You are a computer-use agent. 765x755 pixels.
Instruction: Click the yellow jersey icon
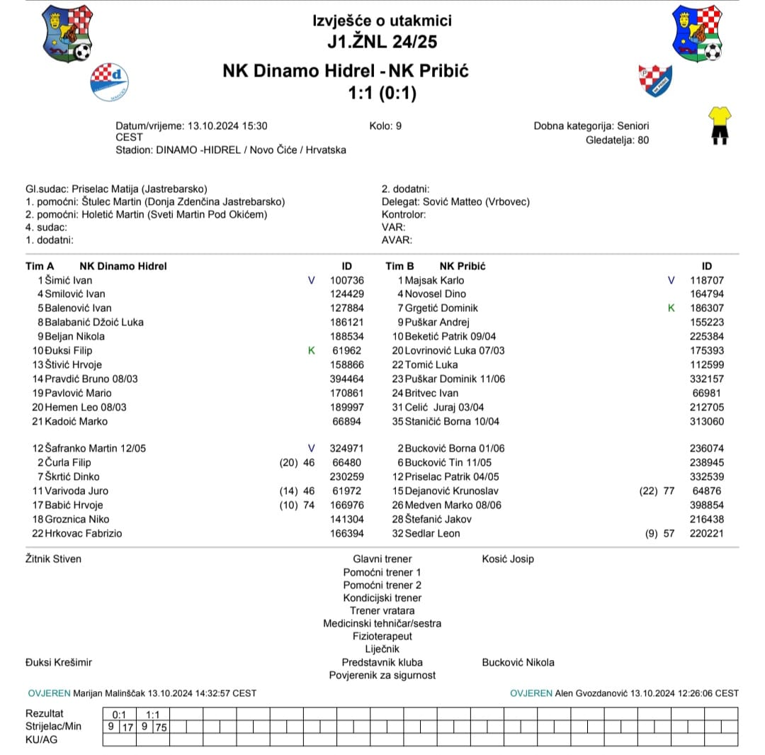pyautogui.click(x=720, y=125)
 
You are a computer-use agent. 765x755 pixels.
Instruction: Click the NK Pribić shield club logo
pyautogui.click(x=655, y=80)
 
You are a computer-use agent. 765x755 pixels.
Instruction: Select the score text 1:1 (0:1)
pyautogui.click(x=382, y=94)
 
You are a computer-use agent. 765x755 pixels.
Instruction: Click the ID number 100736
pyautogui.click(x=347, y=280)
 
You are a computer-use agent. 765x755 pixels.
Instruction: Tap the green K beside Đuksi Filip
pyautogui.click(x=312, y=350)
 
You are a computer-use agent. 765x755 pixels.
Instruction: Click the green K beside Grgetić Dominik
pyautogui.click(x=671, y=308)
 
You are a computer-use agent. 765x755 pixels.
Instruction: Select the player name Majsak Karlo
pyautogui.click(x=434, y=280)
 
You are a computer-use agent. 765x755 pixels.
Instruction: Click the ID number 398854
pyautogui.click(x=706, y=505)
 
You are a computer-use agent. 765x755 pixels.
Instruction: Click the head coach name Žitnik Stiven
pyautogui.click(x=53, y=559)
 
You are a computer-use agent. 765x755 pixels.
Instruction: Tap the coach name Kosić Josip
pyautogui.click(x=508, y=559)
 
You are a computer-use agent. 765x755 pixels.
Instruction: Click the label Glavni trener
pyautogui.click(x=382, y=559)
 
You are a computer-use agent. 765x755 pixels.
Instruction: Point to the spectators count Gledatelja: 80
pyautogui.click(x=617, y=140)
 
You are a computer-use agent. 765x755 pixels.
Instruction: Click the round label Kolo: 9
pyautogui.click(x=385, y=125)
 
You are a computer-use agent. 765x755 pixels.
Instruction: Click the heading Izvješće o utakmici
pyautogui.click(x=382, y=21)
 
